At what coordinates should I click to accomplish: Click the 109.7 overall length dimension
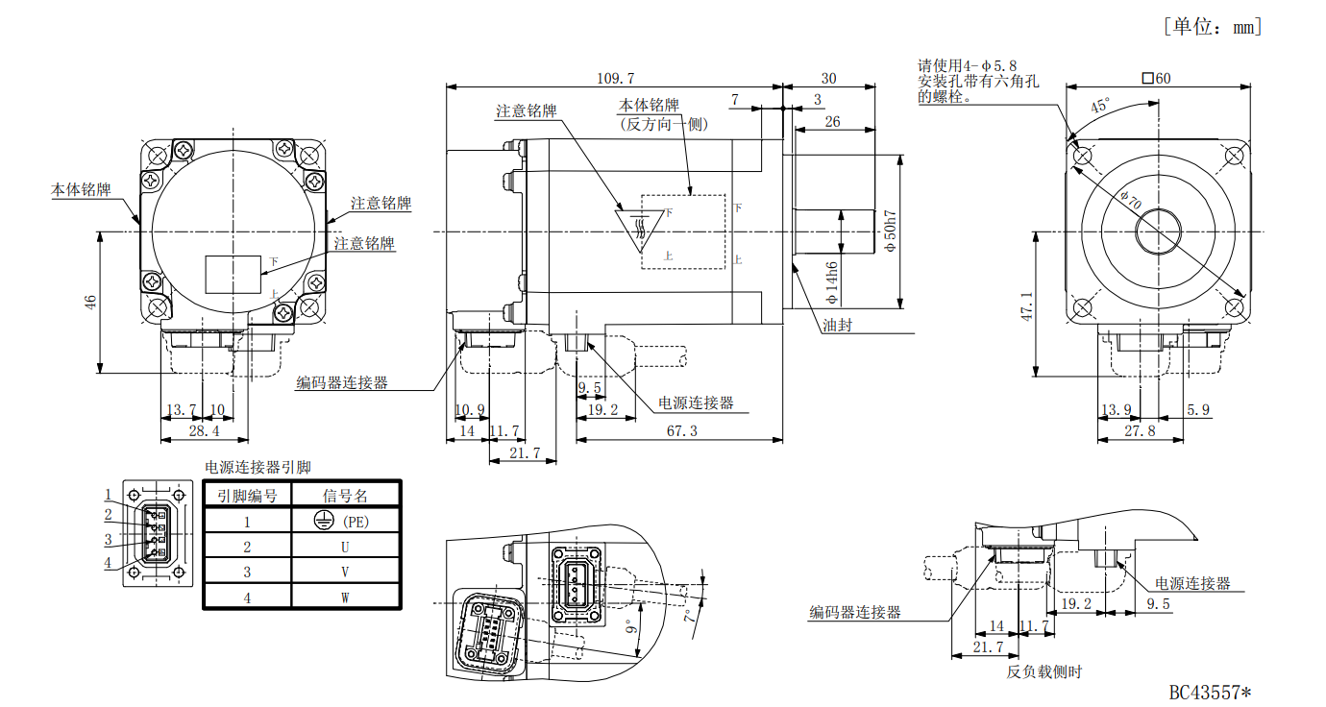(x=615, y=78)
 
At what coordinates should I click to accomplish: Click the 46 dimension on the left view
(x=90, y=301)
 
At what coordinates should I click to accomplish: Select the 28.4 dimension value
(x=203, y=431)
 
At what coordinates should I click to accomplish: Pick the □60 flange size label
(x=1156, y=78)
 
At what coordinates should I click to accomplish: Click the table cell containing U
(x=344, y=547)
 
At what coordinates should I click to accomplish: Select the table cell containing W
(x=344, y=597)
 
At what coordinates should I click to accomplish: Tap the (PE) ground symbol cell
(x=344, y=522)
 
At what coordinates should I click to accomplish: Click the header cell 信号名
(x=344, y=496)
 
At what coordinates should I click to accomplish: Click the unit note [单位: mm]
(x=1212, y=26)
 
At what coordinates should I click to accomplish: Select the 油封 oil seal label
(x=837, y=325)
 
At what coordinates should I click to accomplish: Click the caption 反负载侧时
(x=1044, y=671)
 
